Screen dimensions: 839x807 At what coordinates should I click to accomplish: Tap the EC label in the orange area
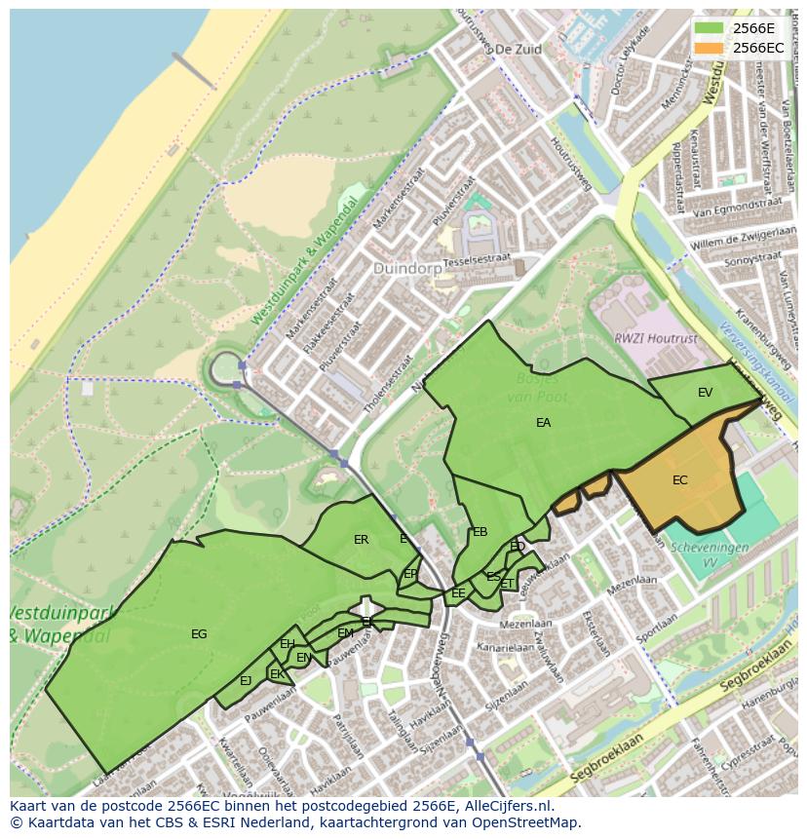[680, 480]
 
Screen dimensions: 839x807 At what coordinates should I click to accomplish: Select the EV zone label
[706, 393]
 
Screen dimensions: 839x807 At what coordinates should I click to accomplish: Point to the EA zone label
[544, 423]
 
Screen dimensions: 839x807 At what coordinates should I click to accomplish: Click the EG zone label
[199, 634]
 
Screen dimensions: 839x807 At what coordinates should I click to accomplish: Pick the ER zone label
[362, 540]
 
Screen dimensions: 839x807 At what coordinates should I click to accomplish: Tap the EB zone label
[480, 532]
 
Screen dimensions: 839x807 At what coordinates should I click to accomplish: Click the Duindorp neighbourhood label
[406, 268]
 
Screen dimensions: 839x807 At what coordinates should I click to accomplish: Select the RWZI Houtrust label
[641, 338]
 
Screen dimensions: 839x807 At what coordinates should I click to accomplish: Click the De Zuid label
[517, 48]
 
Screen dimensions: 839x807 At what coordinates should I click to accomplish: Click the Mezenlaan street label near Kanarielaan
[519, 625]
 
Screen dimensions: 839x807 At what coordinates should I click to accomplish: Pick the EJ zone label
[246, 681]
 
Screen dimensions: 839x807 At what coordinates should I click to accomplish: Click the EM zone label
[345, 633]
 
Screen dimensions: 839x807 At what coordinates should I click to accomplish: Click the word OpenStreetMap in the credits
[531, 822]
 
